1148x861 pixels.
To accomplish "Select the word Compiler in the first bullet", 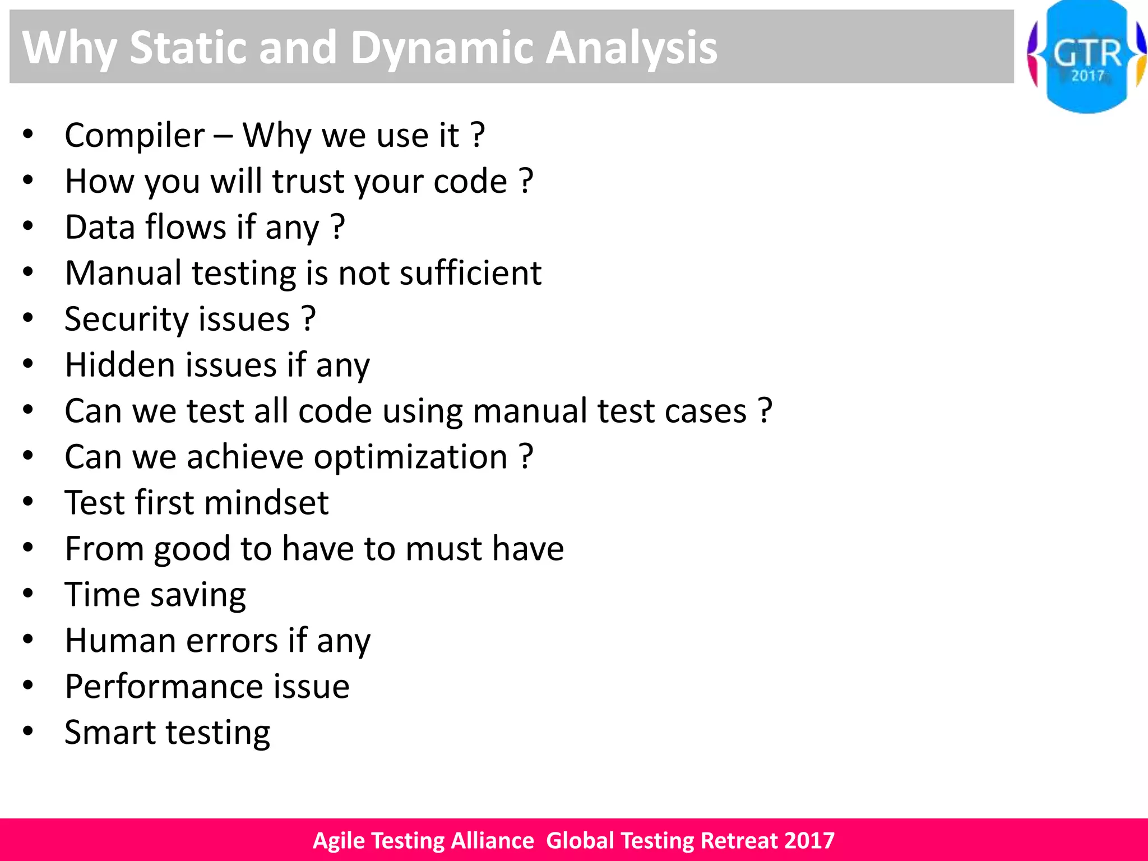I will coord(135,136).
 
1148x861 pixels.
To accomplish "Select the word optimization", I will coord(410,457).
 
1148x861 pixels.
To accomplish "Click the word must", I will coord(443,549).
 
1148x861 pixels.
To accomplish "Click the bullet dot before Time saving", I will coord(28,594).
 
